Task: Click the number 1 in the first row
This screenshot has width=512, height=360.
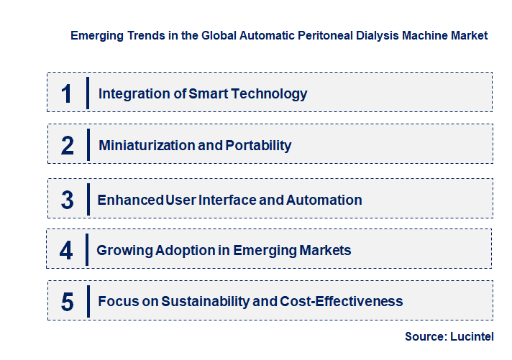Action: [66, 93]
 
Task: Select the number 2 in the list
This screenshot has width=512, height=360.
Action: [68, 146]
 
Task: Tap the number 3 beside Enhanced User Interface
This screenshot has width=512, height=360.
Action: [68, 200]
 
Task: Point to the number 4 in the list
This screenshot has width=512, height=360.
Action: [67, 250]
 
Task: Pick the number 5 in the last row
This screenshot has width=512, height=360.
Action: [68, 302]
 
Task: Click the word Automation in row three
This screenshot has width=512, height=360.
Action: [324, 200]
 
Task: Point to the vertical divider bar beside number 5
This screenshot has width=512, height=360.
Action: [88, 300]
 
